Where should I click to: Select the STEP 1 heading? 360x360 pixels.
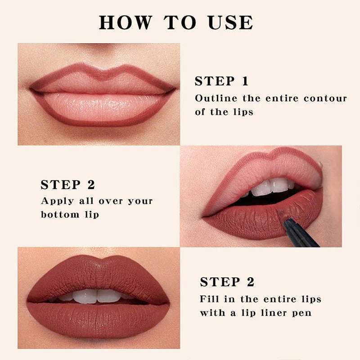[x=221, y=81]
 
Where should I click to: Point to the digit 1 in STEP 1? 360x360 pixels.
[x=244, y=81]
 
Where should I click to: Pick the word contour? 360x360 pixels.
[x=325, y=98]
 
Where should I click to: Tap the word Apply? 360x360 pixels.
[x=57, y=201]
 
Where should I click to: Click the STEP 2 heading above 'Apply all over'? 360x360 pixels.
[x=68, y=185]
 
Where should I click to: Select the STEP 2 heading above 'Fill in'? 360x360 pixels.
[x=227, y=282]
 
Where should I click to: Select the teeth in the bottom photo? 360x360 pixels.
[x=97, y=296]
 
